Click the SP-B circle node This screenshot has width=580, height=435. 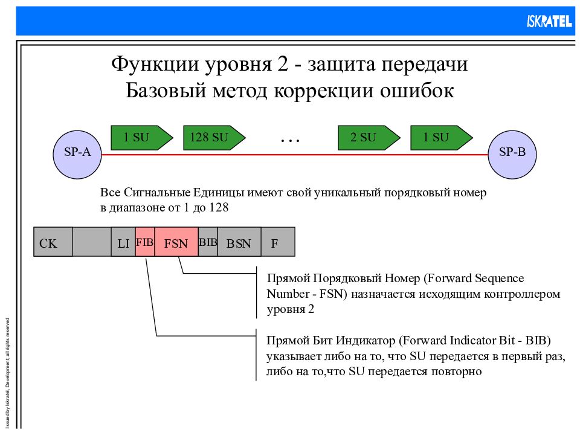512,153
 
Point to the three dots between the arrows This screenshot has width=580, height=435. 290,139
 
